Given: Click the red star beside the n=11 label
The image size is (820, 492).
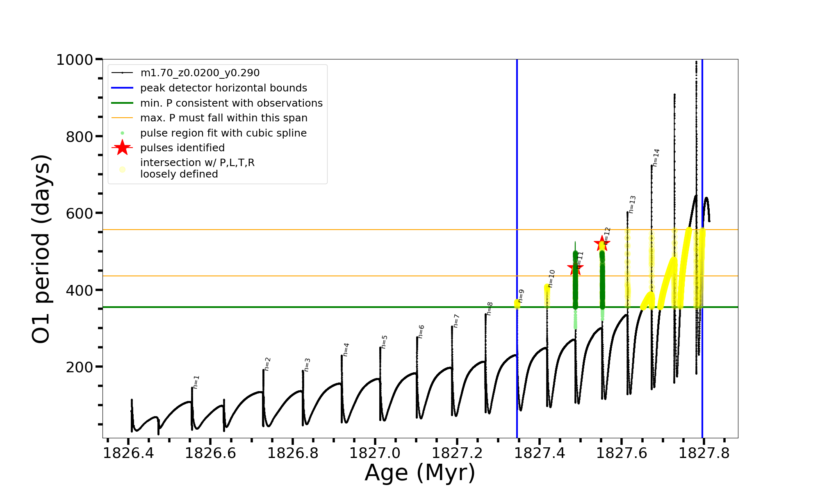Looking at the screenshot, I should (x=575, y=269).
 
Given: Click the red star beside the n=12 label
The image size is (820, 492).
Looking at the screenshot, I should (x=602, y=244).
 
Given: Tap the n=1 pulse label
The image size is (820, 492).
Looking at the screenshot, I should (x=196, y=382).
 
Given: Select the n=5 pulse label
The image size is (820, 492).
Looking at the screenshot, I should (x=384, y=342).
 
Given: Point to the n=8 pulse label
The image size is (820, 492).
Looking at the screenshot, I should (x=490, y=309).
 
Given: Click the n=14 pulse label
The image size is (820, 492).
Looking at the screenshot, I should (x=656, y=158).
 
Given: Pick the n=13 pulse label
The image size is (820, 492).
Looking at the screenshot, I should (x=632, y=205).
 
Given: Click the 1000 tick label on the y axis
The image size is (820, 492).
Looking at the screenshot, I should (x=75, y=60).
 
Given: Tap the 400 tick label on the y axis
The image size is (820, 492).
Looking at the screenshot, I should (x=80, y=290).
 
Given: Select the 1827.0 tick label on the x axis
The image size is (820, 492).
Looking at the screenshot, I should (x=375, y=453).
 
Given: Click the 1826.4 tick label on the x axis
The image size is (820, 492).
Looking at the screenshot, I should (x=128, y=453).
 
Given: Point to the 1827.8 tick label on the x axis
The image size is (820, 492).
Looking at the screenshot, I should (x=704, y=453).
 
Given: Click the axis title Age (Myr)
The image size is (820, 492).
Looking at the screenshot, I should (x=420, y=473).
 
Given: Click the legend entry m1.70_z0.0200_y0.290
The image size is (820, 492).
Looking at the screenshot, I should (x=200, y=73).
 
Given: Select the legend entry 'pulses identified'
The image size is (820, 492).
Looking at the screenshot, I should (x=182, y=148).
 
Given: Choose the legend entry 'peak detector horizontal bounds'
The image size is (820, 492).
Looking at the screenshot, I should (x=223, y=88).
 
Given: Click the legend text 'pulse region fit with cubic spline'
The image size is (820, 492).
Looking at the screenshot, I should (x=223, y=133).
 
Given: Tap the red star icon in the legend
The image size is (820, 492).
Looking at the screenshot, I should (x=122, y=148).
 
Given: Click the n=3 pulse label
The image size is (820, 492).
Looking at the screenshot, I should (x=307, y=364).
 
